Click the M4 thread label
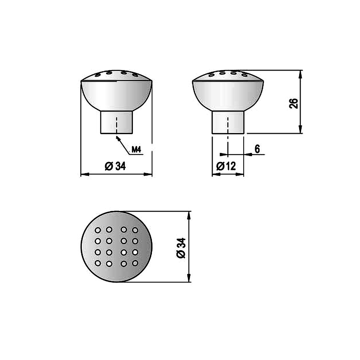tap(136, 149)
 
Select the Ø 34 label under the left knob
tap(115, 166)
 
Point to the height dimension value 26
tap(294, 103)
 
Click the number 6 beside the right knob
tap(257, 149)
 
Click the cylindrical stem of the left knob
tap(116, 122)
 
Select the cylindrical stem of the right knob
tap(228, 122)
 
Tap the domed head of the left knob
tap(116, 92)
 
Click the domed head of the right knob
tap(228, 92)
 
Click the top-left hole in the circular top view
tap(98, 229)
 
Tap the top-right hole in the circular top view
tap(135, 229)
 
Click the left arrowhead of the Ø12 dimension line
tap(214, 174)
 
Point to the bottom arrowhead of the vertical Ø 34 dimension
tap(188, 280)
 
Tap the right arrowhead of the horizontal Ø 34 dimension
tap(150, 175)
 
